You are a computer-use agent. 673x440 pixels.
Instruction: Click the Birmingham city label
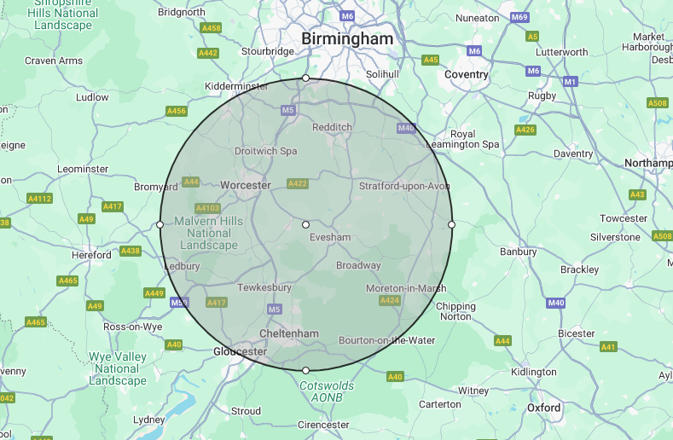[x=347, y=39]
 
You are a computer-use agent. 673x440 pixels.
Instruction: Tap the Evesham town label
[x=331, y=237]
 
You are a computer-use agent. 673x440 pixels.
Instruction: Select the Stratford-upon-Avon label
[x=404, y=186]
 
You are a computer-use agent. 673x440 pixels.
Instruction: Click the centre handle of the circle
[x=306, y=224]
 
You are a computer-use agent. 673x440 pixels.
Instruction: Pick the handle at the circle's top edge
[x=306, y=78]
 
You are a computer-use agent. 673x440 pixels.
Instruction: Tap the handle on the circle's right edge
[x=451, y=224]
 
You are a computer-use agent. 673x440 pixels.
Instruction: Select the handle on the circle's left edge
[x=160, y=224]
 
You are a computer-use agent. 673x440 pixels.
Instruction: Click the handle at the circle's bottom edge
[x=306, y=370]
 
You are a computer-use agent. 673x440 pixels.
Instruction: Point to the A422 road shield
[x=298, y=183]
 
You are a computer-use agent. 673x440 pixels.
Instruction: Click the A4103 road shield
[x=207, y=208]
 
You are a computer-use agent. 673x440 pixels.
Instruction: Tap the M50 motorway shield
[x=179, y=302]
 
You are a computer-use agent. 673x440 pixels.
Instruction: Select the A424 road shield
[x=389, y=300]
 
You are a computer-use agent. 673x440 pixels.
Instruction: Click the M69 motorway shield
[x=519, y=17]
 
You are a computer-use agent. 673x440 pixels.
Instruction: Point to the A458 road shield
[x=211, y=28]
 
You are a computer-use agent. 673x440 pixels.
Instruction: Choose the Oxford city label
[x=544, y=408]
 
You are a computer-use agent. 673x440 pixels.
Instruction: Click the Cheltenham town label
[x=290, y=333]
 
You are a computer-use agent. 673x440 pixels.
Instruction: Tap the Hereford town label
[x=91, y=255]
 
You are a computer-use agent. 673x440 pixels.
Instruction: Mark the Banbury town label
[x=518, y=252]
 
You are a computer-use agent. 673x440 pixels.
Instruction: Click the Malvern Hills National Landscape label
[x=209, y=233]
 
